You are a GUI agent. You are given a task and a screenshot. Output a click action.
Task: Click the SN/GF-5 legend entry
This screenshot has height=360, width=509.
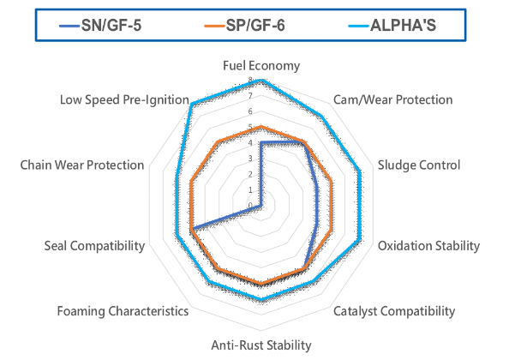[100, 26]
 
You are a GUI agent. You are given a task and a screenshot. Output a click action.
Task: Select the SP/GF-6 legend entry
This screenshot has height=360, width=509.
[244, 26]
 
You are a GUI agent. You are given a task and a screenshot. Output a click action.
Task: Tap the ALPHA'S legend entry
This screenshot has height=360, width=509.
[392, 26]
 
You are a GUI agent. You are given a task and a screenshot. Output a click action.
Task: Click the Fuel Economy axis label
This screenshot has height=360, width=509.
[261, 66]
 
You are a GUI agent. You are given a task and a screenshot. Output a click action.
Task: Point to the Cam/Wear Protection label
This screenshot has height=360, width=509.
[393, 99]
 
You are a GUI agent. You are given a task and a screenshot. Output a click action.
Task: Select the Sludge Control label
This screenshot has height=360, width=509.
[419, 165]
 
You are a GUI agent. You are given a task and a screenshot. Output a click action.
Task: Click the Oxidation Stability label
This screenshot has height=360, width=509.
[428, 246]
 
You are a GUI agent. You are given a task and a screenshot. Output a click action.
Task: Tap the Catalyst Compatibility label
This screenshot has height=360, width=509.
[394, 311]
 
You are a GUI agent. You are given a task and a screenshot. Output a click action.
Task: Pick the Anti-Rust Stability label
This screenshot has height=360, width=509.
[261, 345]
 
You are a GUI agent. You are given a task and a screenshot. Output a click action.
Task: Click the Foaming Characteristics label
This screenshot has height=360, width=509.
[123, 311]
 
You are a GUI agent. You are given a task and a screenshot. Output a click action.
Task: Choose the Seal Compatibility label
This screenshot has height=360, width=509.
[94, 246]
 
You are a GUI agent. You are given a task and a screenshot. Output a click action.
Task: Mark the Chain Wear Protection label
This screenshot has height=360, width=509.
[82, 165]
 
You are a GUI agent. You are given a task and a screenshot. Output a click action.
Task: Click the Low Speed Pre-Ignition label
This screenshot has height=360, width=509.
[124, 99]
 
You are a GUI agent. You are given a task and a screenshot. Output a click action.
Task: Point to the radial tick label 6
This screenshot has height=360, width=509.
[250, 111]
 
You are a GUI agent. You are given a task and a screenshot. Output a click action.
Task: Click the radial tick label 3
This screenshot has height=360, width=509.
[250, 159]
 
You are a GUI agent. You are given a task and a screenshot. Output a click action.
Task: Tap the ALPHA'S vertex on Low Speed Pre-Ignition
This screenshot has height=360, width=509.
[192, 104]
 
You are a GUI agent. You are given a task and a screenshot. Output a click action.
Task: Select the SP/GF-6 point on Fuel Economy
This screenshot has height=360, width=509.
[260, 127]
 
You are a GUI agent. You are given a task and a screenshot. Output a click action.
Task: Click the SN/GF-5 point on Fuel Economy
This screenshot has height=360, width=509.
[260, 142]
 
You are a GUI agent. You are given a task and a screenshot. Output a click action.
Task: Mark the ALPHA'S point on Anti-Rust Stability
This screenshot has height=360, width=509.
[260, 298]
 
